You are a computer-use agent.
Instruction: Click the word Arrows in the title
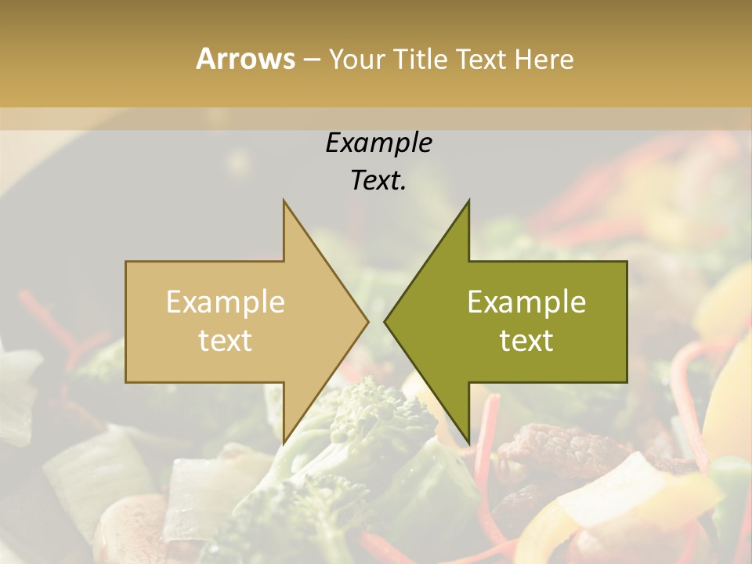(245, 59)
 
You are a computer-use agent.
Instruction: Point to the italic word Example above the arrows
(378, 143)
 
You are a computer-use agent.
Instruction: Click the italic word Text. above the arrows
(378, 181)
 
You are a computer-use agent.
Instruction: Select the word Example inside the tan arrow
(225, 302)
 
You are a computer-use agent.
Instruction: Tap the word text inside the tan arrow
(225, 341)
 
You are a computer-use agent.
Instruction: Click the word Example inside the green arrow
(526, 302)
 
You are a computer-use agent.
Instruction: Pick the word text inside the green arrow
(526, 341)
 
